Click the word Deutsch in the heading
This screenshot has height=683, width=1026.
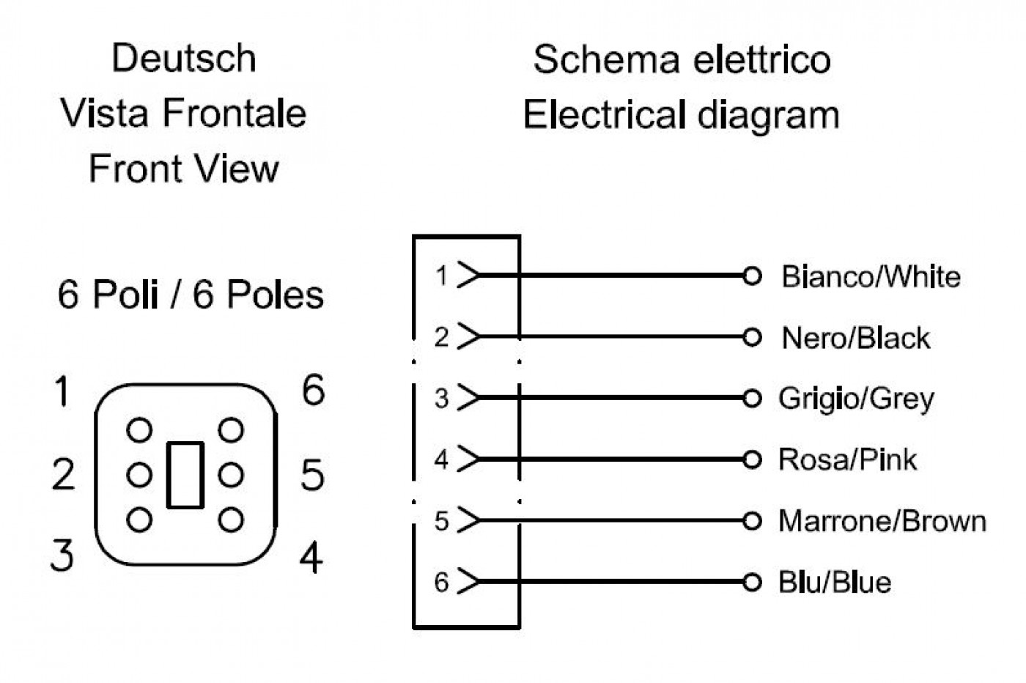[184, 58]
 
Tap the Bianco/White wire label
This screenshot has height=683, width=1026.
[871, 277]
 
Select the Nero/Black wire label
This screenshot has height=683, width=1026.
[856, 338]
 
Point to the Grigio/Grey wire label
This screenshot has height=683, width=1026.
[856, 399]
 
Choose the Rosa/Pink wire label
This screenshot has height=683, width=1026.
[847, 459]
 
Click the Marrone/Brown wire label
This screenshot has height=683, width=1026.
[882, 521]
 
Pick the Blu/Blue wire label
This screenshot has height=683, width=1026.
[835, 582]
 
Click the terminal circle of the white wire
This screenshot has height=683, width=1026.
[752, 276]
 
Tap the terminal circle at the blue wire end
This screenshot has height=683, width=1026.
[752, 582]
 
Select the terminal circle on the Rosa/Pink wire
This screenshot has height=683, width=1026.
[752, 459]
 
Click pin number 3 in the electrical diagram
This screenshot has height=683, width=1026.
[441, 399]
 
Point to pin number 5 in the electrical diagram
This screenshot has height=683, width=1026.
[441, 521]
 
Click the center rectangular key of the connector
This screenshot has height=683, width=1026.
[185, 475]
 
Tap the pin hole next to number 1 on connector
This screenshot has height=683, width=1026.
[139, 430]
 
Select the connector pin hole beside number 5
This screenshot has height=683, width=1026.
[231, 475]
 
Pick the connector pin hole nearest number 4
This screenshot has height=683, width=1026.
[231, 520]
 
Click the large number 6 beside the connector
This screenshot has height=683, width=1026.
[314, 389]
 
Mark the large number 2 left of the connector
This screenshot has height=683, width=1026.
[63, 474]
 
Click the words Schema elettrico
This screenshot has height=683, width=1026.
[682, 59]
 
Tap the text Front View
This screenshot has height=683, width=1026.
[184, 169]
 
